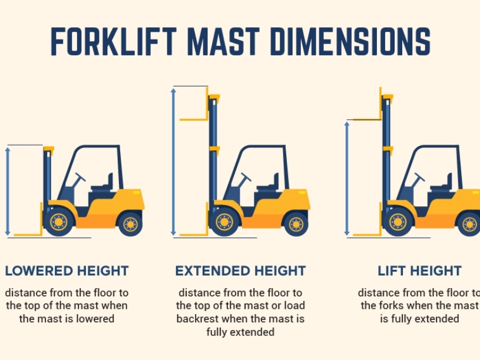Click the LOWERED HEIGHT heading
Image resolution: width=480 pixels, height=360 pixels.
pos(67,271)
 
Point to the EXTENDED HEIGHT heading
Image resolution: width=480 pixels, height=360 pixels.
pos(240,271)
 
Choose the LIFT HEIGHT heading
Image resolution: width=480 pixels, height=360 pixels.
pos(419,271)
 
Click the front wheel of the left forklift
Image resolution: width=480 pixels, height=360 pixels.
pos(58,222)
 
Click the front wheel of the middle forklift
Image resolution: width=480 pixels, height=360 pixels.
pos(224,222)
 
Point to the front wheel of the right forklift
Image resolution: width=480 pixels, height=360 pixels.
pos(397,222)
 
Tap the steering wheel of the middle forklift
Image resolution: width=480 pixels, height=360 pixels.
pos(245,177)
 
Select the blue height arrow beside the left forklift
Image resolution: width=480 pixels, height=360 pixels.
pos(8,191)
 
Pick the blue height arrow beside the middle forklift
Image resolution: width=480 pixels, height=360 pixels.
pos(173,162)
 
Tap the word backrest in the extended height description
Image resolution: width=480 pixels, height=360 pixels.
pos(195,319)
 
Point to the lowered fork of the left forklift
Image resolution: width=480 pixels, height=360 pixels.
pos(27,235)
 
